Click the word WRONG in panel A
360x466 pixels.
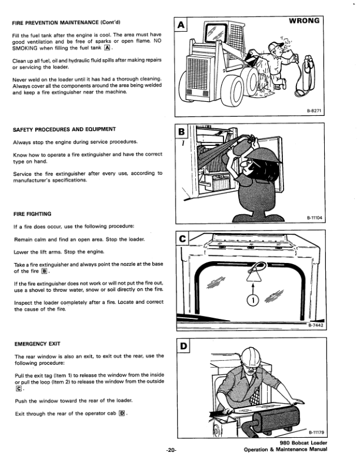(304, 21)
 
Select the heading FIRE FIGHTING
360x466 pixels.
(32, 214)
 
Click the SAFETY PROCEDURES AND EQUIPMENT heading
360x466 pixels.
(64, 129)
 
